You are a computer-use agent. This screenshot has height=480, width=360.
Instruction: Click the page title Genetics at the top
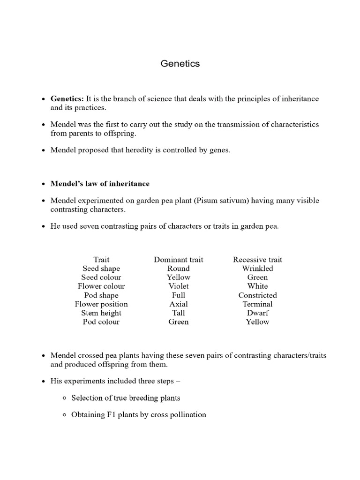180,64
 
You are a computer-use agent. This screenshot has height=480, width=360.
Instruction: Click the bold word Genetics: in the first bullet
67,99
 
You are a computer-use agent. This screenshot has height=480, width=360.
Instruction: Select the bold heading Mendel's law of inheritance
100,183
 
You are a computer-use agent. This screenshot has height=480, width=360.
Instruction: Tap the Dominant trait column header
179,259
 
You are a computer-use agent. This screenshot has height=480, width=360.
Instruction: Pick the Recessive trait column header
257,259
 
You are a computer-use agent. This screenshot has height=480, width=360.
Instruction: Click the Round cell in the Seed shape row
179,268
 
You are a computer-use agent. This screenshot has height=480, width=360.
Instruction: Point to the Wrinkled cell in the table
257,268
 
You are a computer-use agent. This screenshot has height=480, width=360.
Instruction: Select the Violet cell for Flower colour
179,286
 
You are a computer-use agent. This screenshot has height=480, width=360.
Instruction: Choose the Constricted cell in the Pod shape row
257,295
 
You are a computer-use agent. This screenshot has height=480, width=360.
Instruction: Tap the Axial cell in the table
179,304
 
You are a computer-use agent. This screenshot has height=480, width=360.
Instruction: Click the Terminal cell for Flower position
257,304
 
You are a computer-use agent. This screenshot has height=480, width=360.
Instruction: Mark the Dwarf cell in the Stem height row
257,313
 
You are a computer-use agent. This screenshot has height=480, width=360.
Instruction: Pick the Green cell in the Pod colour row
179,322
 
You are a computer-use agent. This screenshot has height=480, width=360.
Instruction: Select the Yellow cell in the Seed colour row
179,277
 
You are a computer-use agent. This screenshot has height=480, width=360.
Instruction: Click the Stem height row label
101,313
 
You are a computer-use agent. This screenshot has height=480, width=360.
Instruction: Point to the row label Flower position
101,304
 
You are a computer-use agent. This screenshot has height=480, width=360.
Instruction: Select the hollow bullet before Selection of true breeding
64,398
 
